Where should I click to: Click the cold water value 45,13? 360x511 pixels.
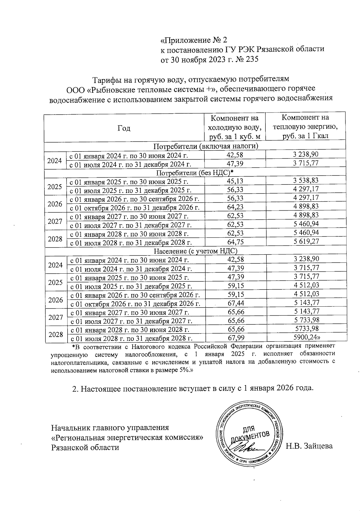click(x=235, y=181)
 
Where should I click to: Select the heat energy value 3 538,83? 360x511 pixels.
click(x=306, y=180)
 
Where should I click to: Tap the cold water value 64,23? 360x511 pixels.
click(x=235, y=207)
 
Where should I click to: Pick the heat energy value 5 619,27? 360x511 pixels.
click(x=306, y=241)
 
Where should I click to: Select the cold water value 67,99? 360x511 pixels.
click(x=236, y=338)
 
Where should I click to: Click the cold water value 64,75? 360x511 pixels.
click(x=235, y=242)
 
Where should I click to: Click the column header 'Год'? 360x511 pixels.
click(x=124, y=128)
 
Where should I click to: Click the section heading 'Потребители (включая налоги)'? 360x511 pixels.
click(x=206, y=146)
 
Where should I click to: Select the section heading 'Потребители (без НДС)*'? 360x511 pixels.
click(x=195, y=173)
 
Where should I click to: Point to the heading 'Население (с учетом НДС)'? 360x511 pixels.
click(x=196, y=251)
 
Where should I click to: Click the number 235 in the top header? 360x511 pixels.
click(x=252, y=59)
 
